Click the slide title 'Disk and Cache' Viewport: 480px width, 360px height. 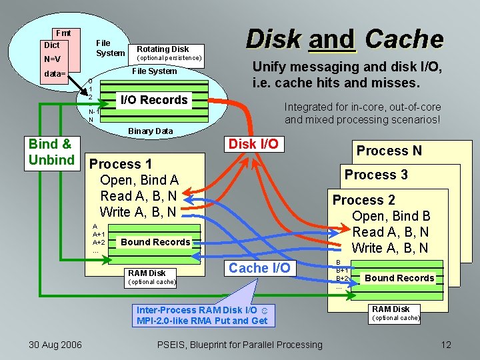tap(344, 39)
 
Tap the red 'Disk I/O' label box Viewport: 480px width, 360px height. tap(253, 143)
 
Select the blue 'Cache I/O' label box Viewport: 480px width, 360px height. tap(259, 267)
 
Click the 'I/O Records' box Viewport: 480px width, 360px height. tap(153, 100)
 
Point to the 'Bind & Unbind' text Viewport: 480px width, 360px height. tap(51, 151)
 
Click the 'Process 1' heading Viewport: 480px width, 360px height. tap(121, 164)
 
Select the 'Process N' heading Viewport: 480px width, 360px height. tap(389, 151)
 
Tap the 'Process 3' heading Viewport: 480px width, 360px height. tap(376, 175)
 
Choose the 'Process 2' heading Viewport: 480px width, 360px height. tap(364, 200)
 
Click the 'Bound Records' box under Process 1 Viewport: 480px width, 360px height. tap(155, 242)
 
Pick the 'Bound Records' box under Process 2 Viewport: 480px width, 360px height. tap(399, 278)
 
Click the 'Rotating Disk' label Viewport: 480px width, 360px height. tap(163, 49)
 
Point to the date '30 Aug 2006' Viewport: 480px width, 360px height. tap(55, 344)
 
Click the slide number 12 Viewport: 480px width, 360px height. tap(446, 344)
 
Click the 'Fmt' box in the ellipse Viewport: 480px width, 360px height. tap(63, 33)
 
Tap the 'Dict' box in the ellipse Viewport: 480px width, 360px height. tap(51, 45)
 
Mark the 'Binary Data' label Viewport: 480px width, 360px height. tap(150, 131)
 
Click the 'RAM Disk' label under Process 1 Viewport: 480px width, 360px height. tap(147, 273)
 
